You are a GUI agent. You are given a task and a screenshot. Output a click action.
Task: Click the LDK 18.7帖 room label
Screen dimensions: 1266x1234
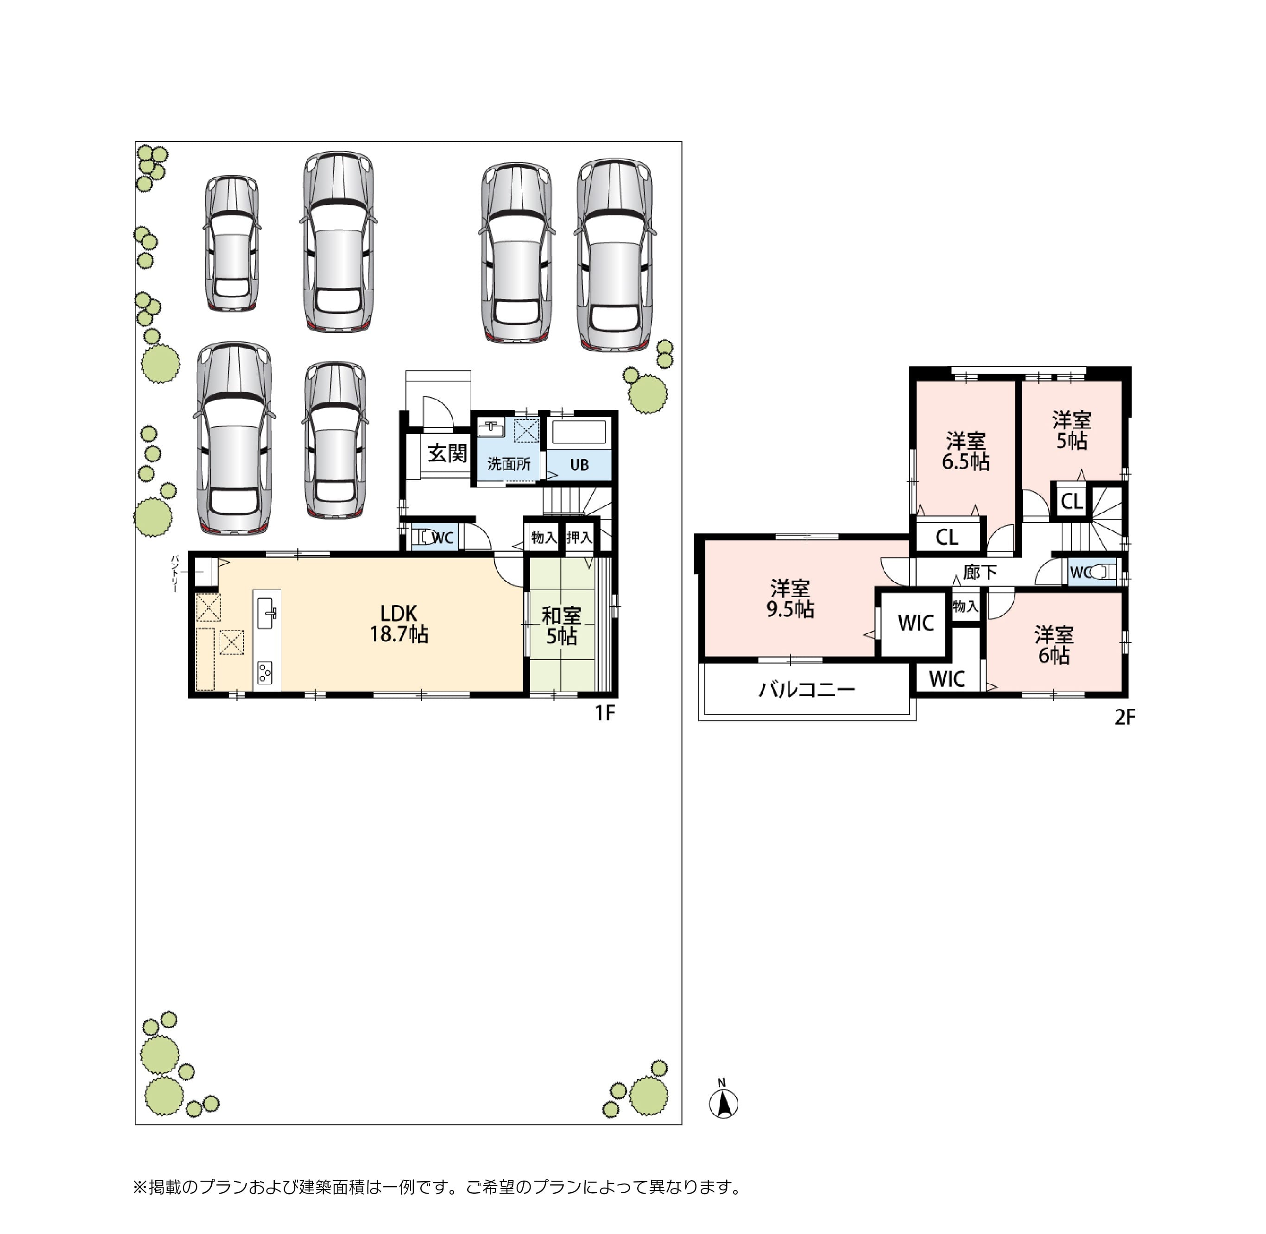coord(399,623)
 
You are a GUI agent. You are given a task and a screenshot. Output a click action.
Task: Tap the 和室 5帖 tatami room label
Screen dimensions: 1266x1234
coord(561,625)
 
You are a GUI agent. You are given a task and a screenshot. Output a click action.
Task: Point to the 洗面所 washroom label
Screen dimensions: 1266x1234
coord(509,464)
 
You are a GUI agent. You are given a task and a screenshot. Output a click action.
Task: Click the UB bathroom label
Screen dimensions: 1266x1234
coord(579,464)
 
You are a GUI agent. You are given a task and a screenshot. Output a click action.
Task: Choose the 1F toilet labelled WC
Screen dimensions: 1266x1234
coord(443,538)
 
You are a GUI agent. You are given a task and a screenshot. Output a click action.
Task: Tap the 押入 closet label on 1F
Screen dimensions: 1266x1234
coord(579,537)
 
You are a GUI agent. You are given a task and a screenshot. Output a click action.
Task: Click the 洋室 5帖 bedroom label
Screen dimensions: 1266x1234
coord(1072,430)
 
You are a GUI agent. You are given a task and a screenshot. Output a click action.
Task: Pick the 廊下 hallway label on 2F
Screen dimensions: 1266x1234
coord(980,572)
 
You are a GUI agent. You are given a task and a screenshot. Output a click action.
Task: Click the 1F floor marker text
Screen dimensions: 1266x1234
coord(605,713)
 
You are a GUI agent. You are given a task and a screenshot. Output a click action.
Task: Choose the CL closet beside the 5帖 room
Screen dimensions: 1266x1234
coord(1072,501)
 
